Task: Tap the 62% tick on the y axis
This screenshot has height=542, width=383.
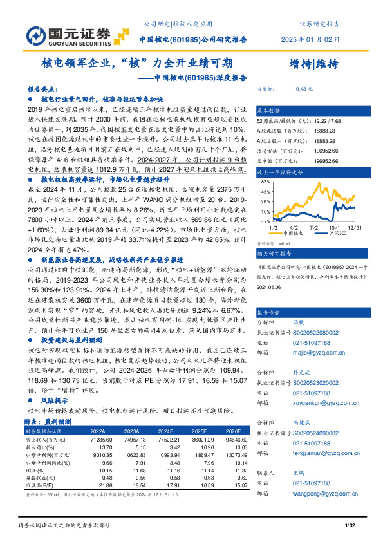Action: coord(264,182)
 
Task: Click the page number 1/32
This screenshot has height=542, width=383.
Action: coord(350,527)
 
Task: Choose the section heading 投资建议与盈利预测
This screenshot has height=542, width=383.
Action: coord(68,339)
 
